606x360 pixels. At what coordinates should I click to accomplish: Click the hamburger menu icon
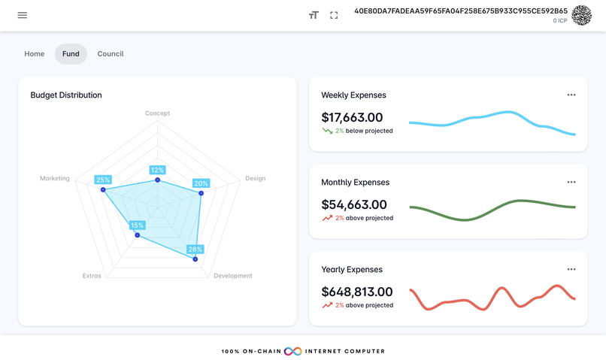(x=23, y=15)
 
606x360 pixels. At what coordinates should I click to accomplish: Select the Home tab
(x=35, y=54)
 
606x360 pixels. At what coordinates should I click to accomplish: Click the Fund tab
(x=71, y=54)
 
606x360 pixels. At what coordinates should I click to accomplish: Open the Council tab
(x=111, y=54)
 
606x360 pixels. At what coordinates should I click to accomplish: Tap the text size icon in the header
(x=314, y=15)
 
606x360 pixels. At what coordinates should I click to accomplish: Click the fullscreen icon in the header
(x=334, y=15)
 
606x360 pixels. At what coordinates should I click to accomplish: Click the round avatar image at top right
(x=581, y=15)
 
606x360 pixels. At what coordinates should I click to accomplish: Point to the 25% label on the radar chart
(x=103, y=180)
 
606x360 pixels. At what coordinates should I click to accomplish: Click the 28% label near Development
(x=195, y=250)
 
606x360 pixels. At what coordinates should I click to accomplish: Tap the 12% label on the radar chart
(x=157, y=171)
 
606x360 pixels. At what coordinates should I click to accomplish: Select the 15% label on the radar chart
(x=137, y=225)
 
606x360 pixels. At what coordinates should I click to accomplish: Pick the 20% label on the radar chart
(x=201, y=183)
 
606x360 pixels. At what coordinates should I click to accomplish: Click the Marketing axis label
(x=55, y=179)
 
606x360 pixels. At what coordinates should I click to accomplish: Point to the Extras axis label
(x=92, y=276)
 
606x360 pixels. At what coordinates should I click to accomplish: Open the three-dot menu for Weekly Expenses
(x=571, y=95)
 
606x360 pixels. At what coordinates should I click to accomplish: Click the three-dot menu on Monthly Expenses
(x=571, y=183)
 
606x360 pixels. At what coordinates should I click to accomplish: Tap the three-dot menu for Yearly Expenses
(x=571, y=270)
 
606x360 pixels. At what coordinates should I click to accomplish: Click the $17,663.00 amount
(x=352, y=117)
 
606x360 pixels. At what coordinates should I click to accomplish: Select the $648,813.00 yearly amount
(x=357, y=292)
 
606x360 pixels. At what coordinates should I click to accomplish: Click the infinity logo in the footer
(x=293, y=351)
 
